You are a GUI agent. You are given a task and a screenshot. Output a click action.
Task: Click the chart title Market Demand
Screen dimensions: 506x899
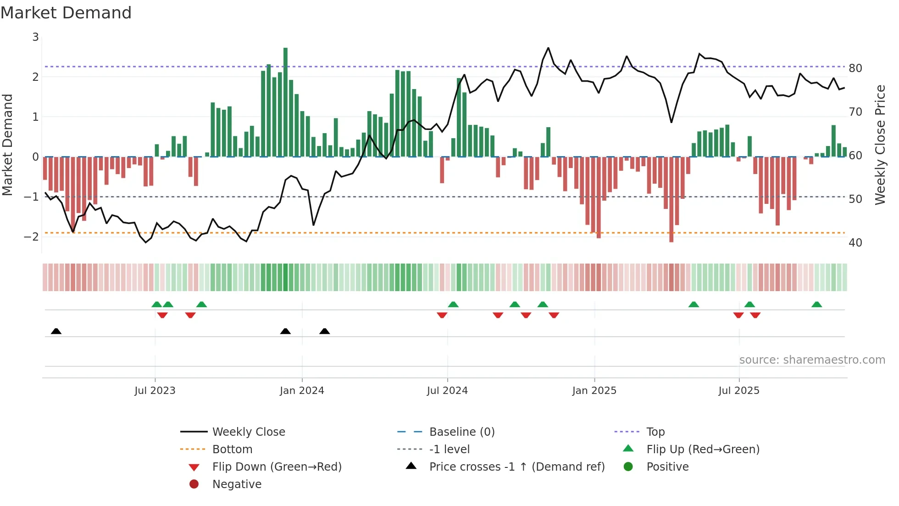66,12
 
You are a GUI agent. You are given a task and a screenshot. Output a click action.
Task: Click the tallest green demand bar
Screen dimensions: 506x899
285,101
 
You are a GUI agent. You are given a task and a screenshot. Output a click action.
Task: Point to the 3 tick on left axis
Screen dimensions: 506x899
35,37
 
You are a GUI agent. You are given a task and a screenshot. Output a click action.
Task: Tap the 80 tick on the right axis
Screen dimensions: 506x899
855,68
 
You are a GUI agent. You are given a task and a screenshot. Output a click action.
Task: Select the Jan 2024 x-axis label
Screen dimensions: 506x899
302,390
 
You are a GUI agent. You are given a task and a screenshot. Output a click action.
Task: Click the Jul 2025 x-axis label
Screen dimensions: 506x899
738,390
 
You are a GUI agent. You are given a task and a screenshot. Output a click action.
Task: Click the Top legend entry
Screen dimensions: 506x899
655,432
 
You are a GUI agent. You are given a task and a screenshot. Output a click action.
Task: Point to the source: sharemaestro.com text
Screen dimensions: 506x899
812,360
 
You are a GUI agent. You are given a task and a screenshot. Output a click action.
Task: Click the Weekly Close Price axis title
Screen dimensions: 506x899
880,145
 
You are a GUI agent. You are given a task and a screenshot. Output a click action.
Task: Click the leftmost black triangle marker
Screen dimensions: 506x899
56,331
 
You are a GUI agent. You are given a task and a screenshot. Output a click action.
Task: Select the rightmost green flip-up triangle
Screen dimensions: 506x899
816,304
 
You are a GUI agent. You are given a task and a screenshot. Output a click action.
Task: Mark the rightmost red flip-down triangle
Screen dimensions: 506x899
755,315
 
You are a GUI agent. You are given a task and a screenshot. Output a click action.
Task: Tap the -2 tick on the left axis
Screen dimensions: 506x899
31,236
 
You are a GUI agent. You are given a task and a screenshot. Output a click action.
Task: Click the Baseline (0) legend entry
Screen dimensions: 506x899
461,432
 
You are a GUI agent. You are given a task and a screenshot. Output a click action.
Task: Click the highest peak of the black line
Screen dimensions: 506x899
548,48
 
